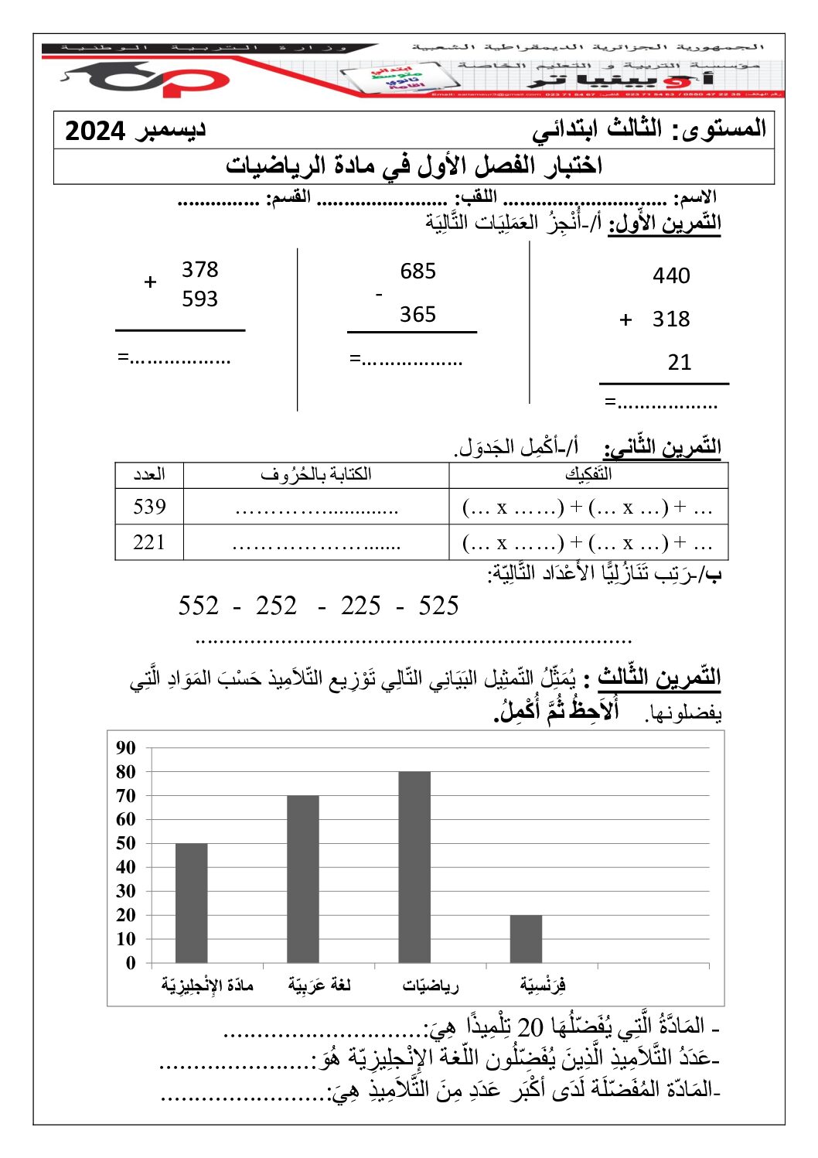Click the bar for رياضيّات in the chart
tap(414, 866)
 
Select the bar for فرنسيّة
tap(526, 938)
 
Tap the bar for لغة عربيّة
tap(302, 878)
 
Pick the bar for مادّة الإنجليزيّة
tap(191, 902)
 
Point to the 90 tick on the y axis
tap(125, 748)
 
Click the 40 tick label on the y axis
tap(125, 867)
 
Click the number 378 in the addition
tap(199, 269)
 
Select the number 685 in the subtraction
tap(418, 271)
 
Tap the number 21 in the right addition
tap(679, 362)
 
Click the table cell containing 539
tap(149, 507)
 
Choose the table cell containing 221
tap(149, 542)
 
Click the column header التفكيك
tap(588, 474)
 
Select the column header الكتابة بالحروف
tap(315, 474)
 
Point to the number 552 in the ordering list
tap(199, 606)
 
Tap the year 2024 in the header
tap(95, 131)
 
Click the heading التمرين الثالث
tap(659, 678)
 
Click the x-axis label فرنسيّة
tap(543, 985)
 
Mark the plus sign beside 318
tap(626, 319)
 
